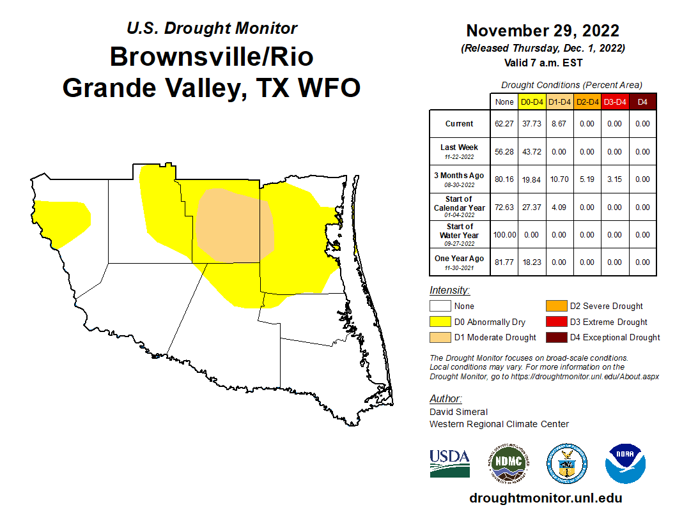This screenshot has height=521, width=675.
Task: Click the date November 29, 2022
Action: click(542, 31)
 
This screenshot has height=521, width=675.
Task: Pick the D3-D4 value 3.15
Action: click(614, 179)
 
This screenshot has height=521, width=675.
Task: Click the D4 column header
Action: click(642, 102)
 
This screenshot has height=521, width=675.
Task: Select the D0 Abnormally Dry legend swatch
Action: click(440, 322)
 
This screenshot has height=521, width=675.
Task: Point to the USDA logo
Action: click(449, 463)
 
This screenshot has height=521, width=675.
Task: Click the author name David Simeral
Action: click(458, 412)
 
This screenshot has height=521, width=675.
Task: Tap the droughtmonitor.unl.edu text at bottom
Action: click(545, 498)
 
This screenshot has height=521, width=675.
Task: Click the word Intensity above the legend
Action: click(449, 291)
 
